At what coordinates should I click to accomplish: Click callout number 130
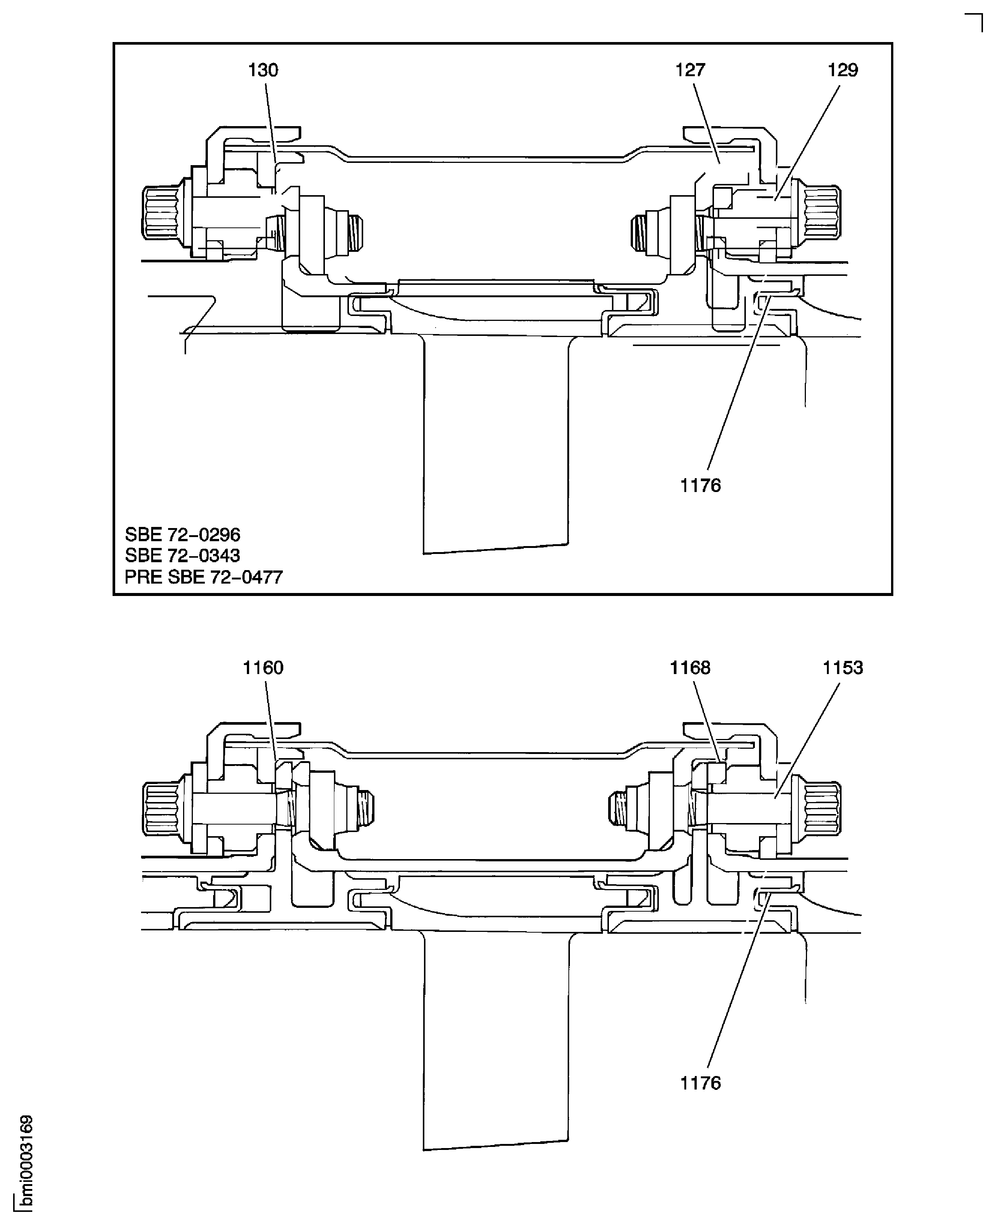coord(263,70)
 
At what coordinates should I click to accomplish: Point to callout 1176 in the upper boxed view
coord(700,486)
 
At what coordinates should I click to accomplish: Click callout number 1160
coord(263,668)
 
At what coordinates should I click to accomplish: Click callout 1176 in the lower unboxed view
coord(700,1083)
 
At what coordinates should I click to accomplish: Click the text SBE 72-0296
coord(182,535)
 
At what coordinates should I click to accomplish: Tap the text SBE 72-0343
coord(182,555)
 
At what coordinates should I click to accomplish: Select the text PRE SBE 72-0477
coord(204,577)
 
